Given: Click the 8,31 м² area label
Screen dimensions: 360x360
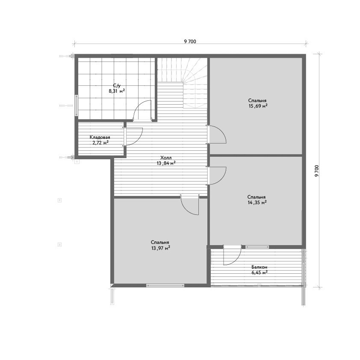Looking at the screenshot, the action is [117, 91].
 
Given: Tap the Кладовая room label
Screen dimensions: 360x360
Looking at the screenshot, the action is [100, 138].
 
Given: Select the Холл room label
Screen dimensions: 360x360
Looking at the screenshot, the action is [166, 158].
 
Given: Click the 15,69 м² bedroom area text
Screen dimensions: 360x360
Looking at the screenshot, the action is [258, 106].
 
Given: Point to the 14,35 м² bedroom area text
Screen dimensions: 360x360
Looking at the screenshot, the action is [257, 202].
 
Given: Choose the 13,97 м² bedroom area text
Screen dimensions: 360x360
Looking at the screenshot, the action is [161, 248].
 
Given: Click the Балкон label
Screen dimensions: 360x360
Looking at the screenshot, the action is [259, 267].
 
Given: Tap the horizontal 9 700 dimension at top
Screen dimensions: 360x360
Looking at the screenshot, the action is [190, 41].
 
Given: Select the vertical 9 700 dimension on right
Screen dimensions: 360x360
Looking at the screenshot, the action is [317, 171].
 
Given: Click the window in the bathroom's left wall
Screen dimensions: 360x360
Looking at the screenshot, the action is [77, 105].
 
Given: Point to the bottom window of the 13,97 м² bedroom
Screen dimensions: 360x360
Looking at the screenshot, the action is [165, 285].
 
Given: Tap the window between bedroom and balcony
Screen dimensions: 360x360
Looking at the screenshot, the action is [257, 247].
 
